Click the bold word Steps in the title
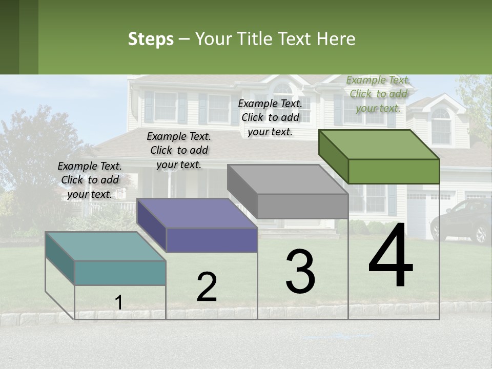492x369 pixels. (x=151, y=39)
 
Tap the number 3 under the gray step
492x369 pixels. (x=300, y=271)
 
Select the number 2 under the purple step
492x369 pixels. (x=207, y=287)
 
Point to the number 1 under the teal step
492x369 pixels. (x=118, y=303)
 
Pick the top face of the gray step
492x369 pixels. (x=288, y=179)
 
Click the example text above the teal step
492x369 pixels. (x=90, y=180)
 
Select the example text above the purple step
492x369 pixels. (x=179, y=150)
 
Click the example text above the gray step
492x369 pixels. (x=270, y=117)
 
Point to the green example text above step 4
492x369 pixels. (x=378, y=94)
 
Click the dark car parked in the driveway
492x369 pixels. (x=462, y=220)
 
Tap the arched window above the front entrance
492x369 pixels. (x=282, y=89)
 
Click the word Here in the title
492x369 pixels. (x=336, y=39)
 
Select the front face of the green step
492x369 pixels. (x=394, y=171)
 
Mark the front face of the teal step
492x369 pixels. (x=120, y=273)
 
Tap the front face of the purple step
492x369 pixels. (x=212, y=240)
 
